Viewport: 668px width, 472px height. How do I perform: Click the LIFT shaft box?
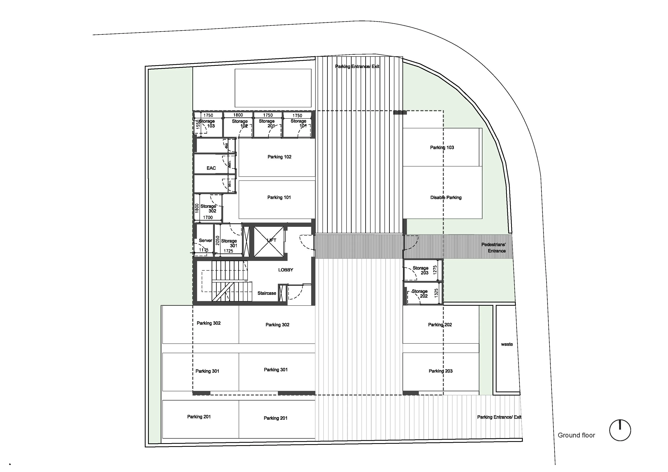coord(269,242)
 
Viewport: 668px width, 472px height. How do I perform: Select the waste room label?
coord(507,344)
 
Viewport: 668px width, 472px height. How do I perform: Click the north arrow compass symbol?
coord(620,430)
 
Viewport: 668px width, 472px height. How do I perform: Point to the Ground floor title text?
coord(576,435)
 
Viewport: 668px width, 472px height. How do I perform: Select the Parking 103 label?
coord(442,148)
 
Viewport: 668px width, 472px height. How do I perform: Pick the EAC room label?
coord(211,168)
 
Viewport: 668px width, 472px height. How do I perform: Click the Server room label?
coord(205,241)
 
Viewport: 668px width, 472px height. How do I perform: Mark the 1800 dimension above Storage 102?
coord(238,115)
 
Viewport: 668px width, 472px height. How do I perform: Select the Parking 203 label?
coord(440,371)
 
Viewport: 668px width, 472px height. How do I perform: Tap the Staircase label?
coord(267,293)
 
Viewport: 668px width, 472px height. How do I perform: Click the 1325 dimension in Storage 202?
coord(436,293)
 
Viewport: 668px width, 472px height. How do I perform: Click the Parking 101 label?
coord(279,198)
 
